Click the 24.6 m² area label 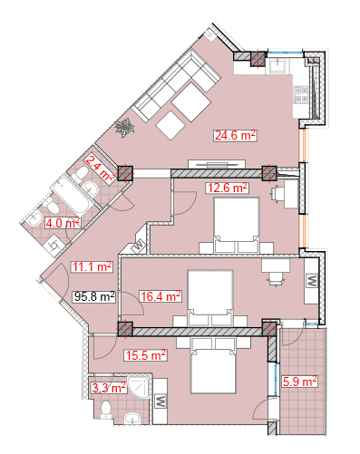(x=235, y=135)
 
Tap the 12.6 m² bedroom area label (x=227, y=188)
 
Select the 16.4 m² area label (x=161, y=296)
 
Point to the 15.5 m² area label (x=145, y=355)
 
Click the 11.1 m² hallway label (x=92, y=266)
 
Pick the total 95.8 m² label (x=94, y=296)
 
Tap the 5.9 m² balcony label (x=299, y=382)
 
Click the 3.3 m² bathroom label (x=109, y=388)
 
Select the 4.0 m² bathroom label (x=63, y=223)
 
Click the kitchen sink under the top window (x=277, y=65)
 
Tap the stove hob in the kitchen (x=301, y=94)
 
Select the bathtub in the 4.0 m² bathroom (x=72, y=195)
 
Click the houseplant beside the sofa (x=124, y=128)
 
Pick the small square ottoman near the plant (x=170, y=125)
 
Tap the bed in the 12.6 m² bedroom (x=237, y=225)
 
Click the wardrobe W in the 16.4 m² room (x=311, y=280)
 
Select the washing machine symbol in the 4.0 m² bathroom (x=54, y=246)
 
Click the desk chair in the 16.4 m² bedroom (x=276, y=278)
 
